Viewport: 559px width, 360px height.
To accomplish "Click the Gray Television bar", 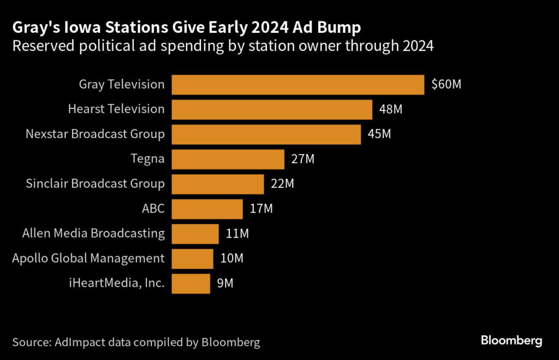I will (298, 85).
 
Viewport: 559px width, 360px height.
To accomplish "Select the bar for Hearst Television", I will (272, 109).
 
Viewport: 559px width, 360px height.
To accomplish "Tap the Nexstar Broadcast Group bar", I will (266, 134).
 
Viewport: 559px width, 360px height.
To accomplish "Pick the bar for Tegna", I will (228, 159).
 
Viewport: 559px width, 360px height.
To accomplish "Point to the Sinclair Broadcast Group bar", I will (218, 184).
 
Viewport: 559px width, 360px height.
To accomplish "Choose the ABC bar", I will (207, 209).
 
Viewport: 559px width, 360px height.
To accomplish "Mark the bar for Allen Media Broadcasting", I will (195, 233).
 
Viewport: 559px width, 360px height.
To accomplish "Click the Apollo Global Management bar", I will (193, 258).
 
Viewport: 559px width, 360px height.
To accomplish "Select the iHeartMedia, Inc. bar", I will (191, 284).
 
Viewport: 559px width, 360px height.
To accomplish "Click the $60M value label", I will (446, 85).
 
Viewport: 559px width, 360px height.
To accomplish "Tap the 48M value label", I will (390, 109).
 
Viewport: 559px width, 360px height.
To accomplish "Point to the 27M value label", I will (303, 159).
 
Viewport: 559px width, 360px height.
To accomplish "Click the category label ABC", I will (153, 209).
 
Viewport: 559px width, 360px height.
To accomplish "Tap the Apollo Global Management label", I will (88, 258).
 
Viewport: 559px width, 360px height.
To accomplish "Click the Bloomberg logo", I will (512, 341).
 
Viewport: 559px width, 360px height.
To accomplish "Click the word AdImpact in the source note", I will (78, 343).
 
